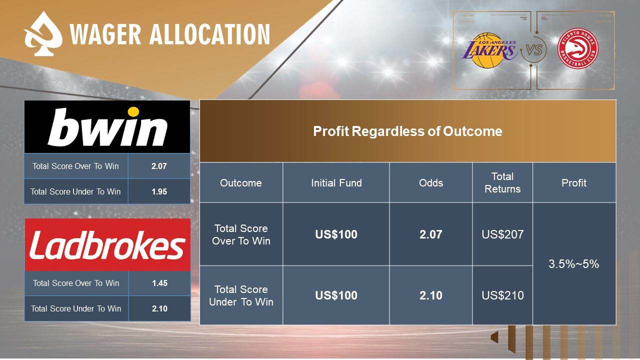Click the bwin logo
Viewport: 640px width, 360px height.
pyautogui.click(x=107, y=126)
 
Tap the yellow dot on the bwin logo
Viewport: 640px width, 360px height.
pyautogui.click(x=133, y=111)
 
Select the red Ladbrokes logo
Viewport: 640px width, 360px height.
pyautogui.click(x=107, y=244)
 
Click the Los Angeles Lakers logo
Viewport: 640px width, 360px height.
pyautogui.click(x=489, y=50)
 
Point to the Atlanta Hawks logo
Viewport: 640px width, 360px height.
pyautogui.click(x=577, y=48)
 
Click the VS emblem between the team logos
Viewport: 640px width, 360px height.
pyautogui.click(x=533, y=50)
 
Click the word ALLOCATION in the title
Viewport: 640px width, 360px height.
pyautogui.click(x=209, y=34)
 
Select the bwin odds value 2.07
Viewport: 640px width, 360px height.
pyautogui.click(x=159, y=166)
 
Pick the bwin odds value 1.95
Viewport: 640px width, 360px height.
pyautogui.click(x=159, y=191)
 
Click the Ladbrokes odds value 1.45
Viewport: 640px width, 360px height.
pyautogui.click(x=159, y=283)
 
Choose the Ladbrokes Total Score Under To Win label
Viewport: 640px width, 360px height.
pyautogui.click(x=76, y=308)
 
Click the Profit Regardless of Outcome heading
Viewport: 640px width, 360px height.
pyautogui.click(x=407, y=131)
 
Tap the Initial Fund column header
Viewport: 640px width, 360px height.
pyautogui.click(x=336, y=183)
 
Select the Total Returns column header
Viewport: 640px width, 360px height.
pyautogui.click(x=502, y=182)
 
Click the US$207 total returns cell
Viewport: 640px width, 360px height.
pyautogui.click(x=502, y=234)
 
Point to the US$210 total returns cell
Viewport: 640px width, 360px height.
pyautogui.click(x=502, y=295)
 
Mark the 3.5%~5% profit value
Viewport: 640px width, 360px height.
pyautogui.click(x=573, y=263)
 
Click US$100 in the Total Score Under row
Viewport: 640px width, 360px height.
pyautogui.click(x=336, y=295)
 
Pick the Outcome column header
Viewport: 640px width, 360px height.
pyautogui.click(x=241, y=183)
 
